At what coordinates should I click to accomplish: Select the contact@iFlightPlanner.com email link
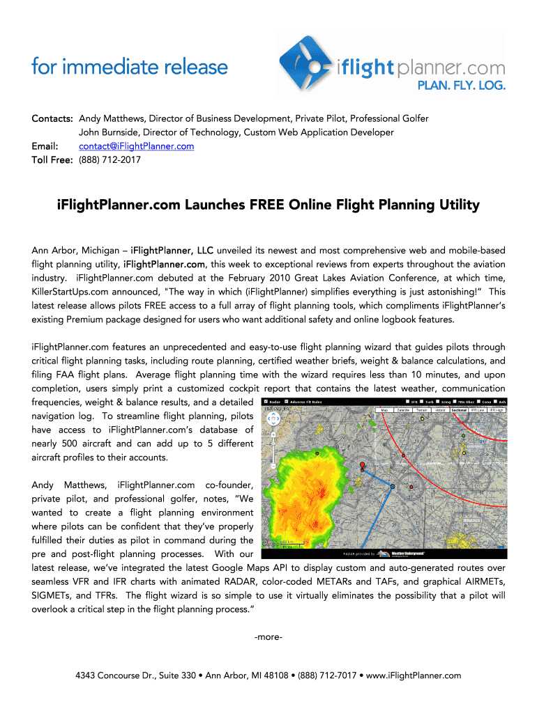pyautogui.click(x=136, y=146)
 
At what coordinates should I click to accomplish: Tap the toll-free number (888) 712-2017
pyautogui.click(x=110, y=159)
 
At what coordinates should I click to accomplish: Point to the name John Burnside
pyautogui.click(x=110, y=132)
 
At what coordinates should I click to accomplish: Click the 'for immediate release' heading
pyautogui.click(x=130, y=68)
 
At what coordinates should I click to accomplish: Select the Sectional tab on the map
pyautogui.click(x=459, y=410)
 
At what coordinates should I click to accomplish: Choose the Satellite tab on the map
pyautogui.click(x=403, y=410)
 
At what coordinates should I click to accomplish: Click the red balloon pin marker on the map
pyautogui.click(x=362, y=465)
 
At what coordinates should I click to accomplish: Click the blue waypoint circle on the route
pyautogui.click(x=393, y=485)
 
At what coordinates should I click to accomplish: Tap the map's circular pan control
pyautogui.click(x=269, y=419)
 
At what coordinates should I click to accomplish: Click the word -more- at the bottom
pyautogui.click(x=268, y=637)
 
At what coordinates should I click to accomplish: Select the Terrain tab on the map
pyautogui.click(x=422, y=410)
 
